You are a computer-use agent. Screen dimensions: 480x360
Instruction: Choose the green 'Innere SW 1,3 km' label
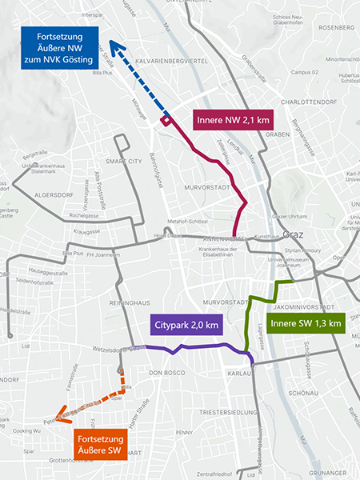tap(306, 323)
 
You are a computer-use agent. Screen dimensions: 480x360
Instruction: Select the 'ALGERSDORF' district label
tap(30, 194)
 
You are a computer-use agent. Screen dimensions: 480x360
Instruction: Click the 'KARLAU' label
tap(240, 373)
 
